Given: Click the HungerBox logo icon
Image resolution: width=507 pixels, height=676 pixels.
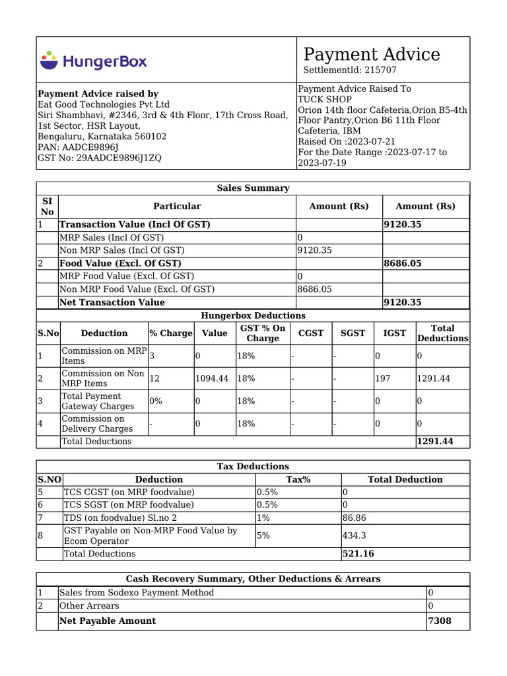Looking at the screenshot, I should (49, 60).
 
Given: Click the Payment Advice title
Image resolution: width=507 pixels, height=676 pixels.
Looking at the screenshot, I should (371, 54).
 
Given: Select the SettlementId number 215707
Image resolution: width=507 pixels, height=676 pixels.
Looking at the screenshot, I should (381, 70).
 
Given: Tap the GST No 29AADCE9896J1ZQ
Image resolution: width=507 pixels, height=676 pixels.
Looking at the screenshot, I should (119, 158).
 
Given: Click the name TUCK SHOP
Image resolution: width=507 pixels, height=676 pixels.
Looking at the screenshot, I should (321, 99).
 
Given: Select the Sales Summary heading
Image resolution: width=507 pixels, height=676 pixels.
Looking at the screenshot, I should (253, 188).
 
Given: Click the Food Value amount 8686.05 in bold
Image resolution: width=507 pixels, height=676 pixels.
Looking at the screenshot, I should (403, 263).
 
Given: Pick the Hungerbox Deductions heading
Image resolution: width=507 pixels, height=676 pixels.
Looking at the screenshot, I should (253, 316).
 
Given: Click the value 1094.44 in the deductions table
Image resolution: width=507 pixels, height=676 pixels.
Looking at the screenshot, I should (212, 378).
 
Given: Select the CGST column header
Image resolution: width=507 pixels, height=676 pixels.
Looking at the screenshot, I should (311, 333).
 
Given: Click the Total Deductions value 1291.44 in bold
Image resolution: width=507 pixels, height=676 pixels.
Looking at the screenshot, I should (435, 441).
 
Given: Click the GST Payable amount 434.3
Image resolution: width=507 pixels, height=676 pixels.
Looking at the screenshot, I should (354, 535).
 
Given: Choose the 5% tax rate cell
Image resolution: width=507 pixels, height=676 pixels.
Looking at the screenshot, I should (263, 535).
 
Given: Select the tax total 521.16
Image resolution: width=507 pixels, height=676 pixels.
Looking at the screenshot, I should (358, 554).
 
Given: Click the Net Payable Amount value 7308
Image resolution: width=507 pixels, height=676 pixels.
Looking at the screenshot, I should (440, 621).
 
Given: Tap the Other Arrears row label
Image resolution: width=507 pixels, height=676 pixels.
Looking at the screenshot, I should (89, 605).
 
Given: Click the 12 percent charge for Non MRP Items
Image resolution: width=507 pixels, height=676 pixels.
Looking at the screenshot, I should (154, 378).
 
